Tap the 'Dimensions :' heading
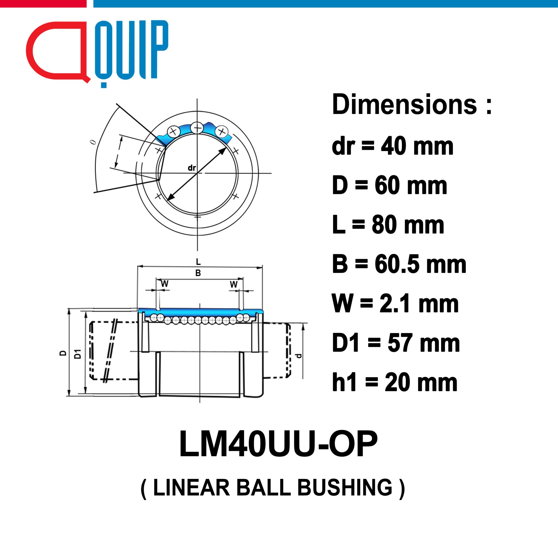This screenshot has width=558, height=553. (412, 105)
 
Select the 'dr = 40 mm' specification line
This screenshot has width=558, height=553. (393, 146)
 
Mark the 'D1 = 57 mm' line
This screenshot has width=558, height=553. (396, 343)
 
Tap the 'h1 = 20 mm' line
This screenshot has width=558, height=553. (395, 382)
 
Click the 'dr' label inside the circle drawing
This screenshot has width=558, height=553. (192, 168)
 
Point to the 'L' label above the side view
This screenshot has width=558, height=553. (198, 262)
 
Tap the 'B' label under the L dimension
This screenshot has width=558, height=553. (198, 273)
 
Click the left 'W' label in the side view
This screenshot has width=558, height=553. (164, 284)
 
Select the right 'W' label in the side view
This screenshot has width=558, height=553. (234, 284)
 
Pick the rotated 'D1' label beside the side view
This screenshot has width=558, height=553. (78, 354)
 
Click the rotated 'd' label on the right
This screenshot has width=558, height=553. (298, 355)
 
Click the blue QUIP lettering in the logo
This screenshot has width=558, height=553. (131, 52)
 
